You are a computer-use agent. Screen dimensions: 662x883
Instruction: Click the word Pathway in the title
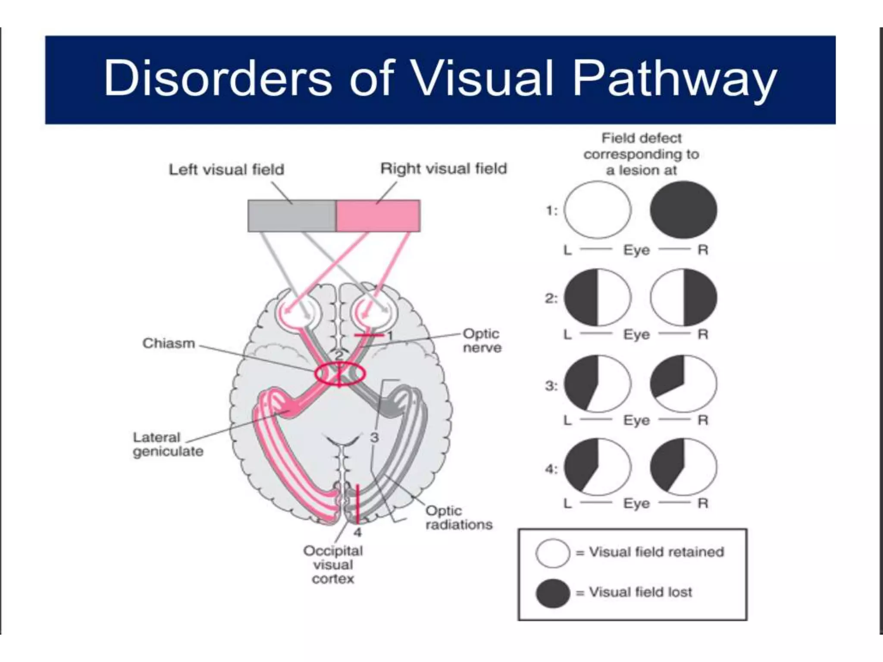point(675,79)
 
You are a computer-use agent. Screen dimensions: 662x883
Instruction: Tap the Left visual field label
point(226,169)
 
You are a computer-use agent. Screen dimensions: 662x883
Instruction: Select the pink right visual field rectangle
point(378,215)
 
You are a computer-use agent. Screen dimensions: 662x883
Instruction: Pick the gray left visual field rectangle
point(291,215)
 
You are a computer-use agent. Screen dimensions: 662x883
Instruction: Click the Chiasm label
point(169,343)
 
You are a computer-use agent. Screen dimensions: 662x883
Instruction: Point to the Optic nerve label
point(482,340)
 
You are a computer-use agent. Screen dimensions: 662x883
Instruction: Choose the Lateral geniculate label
point(168,444)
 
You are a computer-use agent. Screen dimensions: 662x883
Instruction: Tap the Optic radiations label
point(459,518)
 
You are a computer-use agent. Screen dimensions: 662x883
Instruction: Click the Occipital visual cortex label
point(333,565)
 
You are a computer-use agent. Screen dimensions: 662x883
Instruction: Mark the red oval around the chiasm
point(340,374)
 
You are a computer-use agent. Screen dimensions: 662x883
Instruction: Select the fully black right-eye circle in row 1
point(683,210)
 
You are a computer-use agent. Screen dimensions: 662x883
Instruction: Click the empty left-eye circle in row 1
point(598,210)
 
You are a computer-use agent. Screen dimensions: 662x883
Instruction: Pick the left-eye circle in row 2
point(598,297)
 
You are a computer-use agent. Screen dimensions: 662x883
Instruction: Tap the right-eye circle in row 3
point(683,383)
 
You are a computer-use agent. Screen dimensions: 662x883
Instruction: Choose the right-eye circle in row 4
point(683,467)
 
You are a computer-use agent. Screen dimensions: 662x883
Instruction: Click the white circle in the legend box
point(552,553)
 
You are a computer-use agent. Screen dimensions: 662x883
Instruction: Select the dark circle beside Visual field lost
point(552,593)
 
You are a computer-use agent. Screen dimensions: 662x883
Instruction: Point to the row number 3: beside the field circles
point(551,385)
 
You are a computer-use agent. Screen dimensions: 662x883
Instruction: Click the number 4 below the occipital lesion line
point(357,533)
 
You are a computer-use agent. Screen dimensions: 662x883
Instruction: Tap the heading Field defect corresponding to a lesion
point(641,154)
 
